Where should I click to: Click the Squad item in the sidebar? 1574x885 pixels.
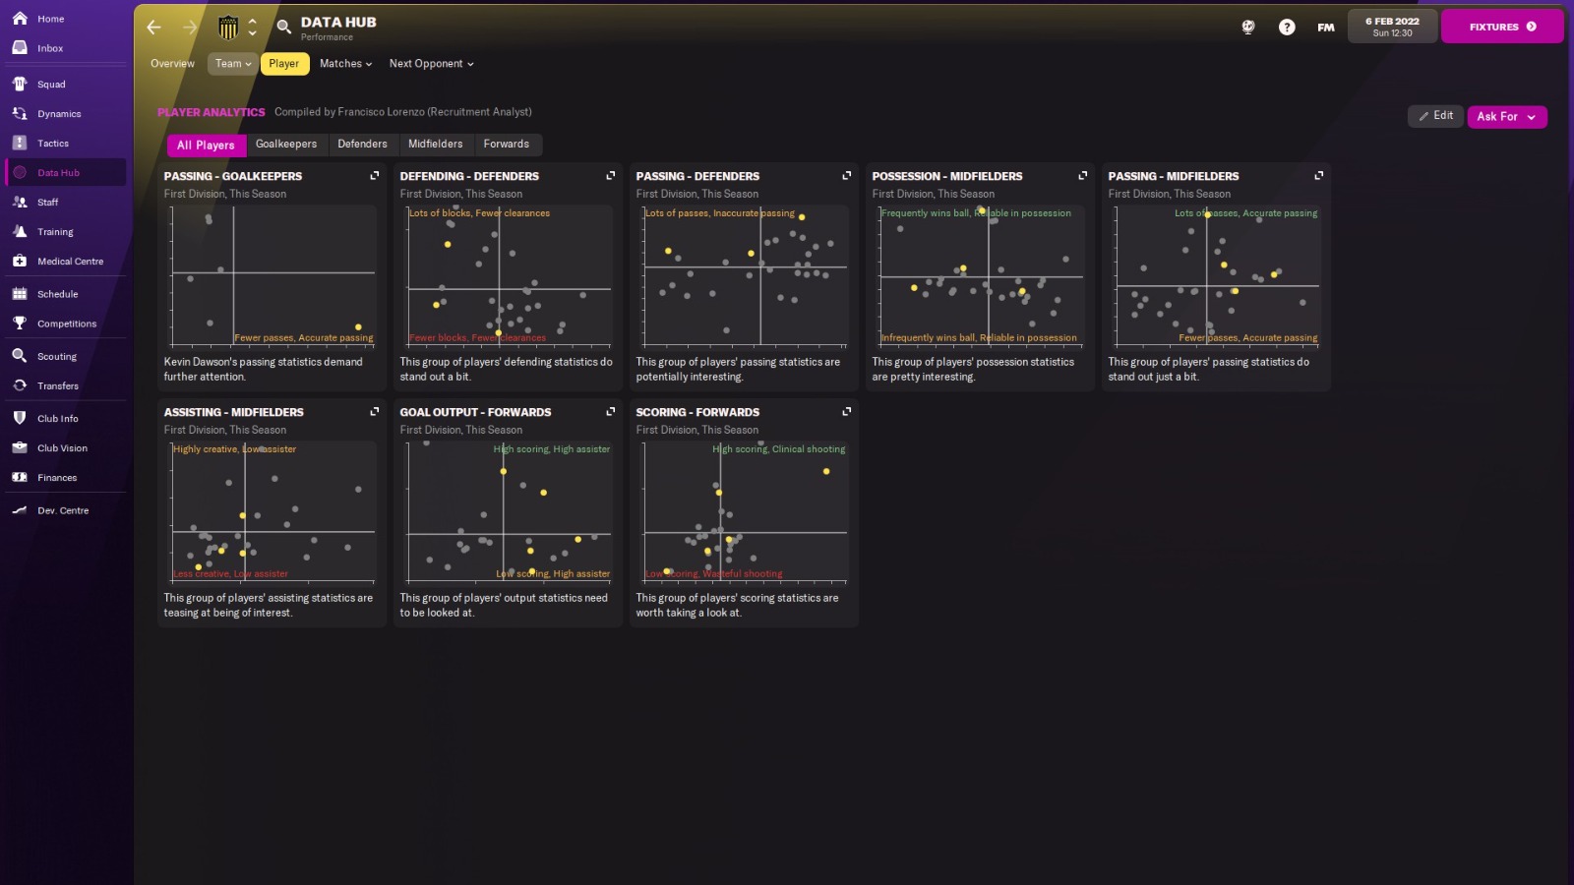point(51,85)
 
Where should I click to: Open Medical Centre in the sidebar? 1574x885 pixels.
point(69,262)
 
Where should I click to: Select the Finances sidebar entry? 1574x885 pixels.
point(56,478)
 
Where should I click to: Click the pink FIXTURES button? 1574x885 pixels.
point(1501,27)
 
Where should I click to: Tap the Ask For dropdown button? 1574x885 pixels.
point(1506,117)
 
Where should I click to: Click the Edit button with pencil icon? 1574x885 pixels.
point(1435,116)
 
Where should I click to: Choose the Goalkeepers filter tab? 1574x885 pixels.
point(286,145)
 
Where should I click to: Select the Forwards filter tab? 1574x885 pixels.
point(506,145)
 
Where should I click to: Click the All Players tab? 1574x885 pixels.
point(206,146)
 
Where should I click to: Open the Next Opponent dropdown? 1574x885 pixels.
point(431,64)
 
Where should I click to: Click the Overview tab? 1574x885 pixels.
point(172,64)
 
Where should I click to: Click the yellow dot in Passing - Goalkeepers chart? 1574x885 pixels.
point(358,326)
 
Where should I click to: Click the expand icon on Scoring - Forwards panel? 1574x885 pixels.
point(846,412)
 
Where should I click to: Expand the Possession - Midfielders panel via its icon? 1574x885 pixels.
point(1082,176)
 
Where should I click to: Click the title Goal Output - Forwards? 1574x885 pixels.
point(475,412)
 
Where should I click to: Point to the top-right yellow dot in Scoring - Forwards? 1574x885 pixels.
point(826,472)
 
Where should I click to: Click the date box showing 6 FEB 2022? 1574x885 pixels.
point(1392,27)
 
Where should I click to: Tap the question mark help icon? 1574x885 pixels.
point(1287,28)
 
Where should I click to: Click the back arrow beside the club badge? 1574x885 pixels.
point(153,28)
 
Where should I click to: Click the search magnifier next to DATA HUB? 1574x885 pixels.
point(283,28)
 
